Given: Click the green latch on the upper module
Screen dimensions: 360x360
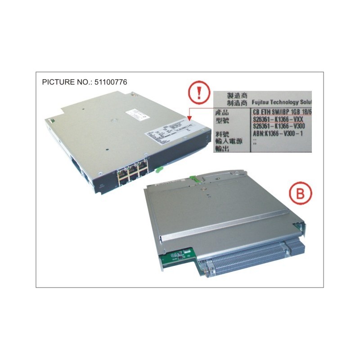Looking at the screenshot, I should point(158,170).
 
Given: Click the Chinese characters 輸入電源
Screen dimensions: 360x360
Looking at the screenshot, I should point(230,141).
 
